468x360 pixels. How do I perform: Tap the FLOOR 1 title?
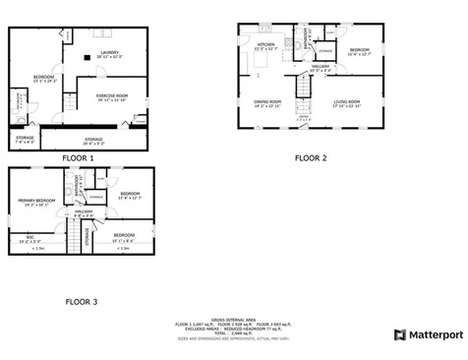78,157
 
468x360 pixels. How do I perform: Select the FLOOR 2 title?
312,156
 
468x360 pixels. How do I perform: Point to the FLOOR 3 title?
81,301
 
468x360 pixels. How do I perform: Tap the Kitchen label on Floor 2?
266,46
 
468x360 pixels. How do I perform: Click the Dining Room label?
267,102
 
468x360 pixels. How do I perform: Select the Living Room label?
347,102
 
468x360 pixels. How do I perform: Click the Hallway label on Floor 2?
321,69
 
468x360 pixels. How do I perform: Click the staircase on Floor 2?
305,89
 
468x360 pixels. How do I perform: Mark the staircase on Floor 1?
70,102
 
